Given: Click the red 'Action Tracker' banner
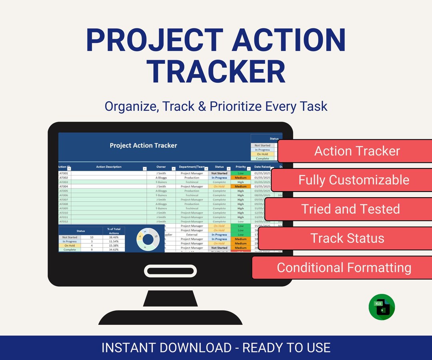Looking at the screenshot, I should (x=357, y=151).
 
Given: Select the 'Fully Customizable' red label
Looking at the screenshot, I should (x=354, y=180).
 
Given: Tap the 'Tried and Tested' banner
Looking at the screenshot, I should (x=350, y=209).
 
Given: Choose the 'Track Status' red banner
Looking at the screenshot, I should (x=347, y=238).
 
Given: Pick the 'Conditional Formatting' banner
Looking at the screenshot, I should (x=344, y=267).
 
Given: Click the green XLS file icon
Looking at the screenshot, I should (x=382, y=307).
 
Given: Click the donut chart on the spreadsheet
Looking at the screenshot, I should (x=148, y=239).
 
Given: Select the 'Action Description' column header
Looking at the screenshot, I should (x=108, y=167).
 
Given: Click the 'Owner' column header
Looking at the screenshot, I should (x=161, y=167).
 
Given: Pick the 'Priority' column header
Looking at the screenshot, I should (x=240, y=167).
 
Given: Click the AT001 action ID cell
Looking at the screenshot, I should (x=64, y=173).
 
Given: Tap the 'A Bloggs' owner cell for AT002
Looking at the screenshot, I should (x=161, y=178).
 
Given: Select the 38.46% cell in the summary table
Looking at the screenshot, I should (x=114, y=237).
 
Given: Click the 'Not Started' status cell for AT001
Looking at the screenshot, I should (x=219, y=173).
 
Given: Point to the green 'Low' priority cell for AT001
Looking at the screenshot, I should (x=240, y=173).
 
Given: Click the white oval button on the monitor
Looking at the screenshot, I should (x=170, y=271).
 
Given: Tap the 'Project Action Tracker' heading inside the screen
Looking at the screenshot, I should (x=143, y=145).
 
